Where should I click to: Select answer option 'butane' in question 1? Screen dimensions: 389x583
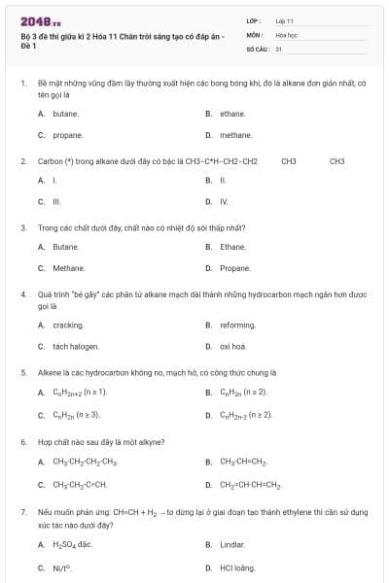click(x=66, y=114)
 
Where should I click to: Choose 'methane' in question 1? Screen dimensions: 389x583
click(x=235, y=135)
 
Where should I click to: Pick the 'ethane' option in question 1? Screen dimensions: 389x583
click(x=232, y=114)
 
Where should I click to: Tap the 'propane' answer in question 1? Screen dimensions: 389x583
click(x=68, y=135)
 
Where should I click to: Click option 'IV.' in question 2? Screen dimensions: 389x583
click(x=224, y=201)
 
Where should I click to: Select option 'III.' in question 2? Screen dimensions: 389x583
click(x=56, y=201)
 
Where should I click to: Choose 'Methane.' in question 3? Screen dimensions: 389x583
click(x=69, y=267)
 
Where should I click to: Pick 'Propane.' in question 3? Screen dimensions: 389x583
click(x=235, y=267)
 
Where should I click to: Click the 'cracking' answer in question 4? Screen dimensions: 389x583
click(x=68, y=325)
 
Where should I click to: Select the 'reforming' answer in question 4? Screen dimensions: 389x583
click(x=237, y=325)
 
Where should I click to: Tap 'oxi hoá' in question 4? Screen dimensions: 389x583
click(x=233, y=346)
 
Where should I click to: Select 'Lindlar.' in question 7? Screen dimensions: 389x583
click(x=233, y=545)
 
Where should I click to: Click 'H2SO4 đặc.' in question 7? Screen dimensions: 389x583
click(x=72, y=545)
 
